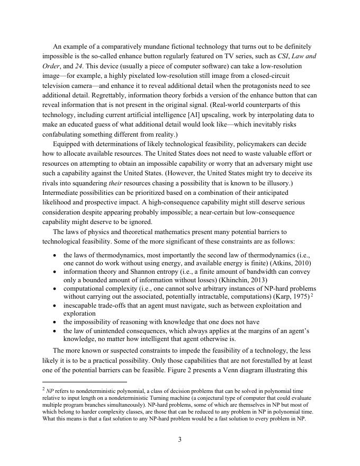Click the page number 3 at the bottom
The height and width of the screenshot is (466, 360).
[x=180, y=438]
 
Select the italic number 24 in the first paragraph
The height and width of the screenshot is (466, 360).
[x=82, y=66]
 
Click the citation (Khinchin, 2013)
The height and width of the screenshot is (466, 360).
[x=241, y=280]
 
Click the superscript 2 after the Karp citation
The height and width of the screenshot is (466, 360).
[x=312, y=295]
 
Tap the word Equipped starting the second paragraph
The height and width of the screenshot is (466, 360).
[x=67, y=144]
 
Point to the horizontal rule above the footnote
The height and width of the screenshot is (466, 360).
[x=85, y=381]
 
